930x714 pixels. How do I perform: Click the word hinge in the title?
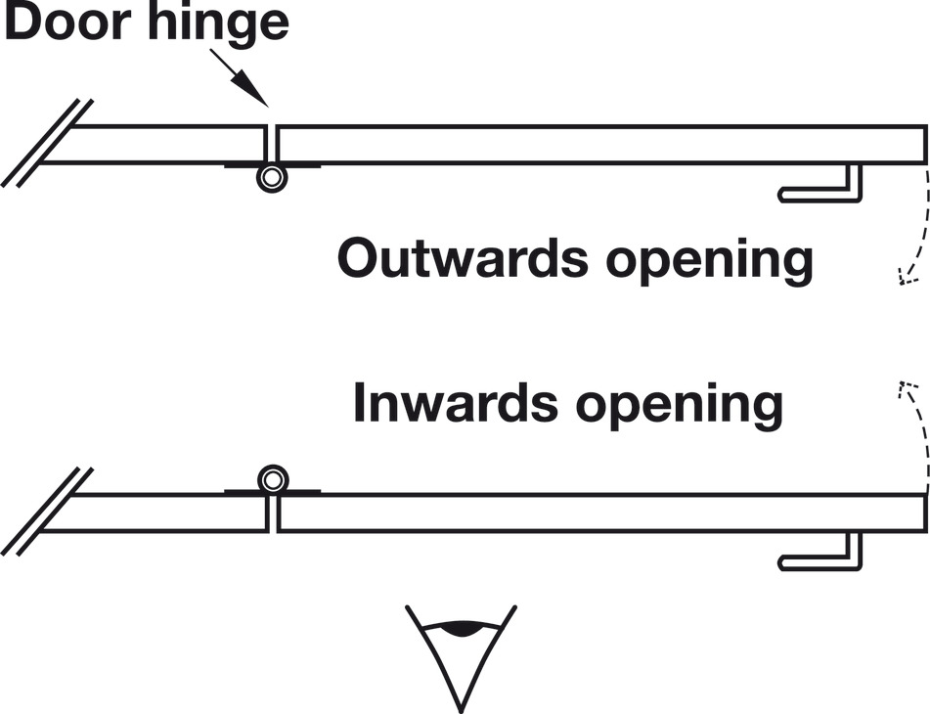point(219,24)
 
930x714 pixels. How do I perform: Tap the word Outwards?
point(463,258)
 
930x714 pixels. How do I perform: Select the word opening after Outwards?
point(709,262)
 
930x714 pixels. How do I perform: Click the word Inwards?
point(455,403)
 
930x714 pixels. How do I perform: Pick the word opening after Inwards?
point(680,407)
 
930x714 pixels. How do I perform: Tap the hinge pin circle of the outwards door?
point(272,178)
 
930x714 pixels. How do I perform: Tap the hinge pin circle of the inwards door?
point(273,479)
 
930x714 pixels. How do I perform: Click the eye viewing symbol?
point(461,658)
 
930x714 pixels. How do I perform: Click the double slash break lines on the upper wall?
point(47,143)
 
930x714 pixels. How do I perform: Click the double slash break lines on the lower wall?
point(47,512)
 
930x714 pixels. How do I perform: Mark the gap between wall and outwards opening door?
point(272,144)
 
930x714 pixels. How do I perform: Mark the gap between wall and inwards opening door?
point(272,513)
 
